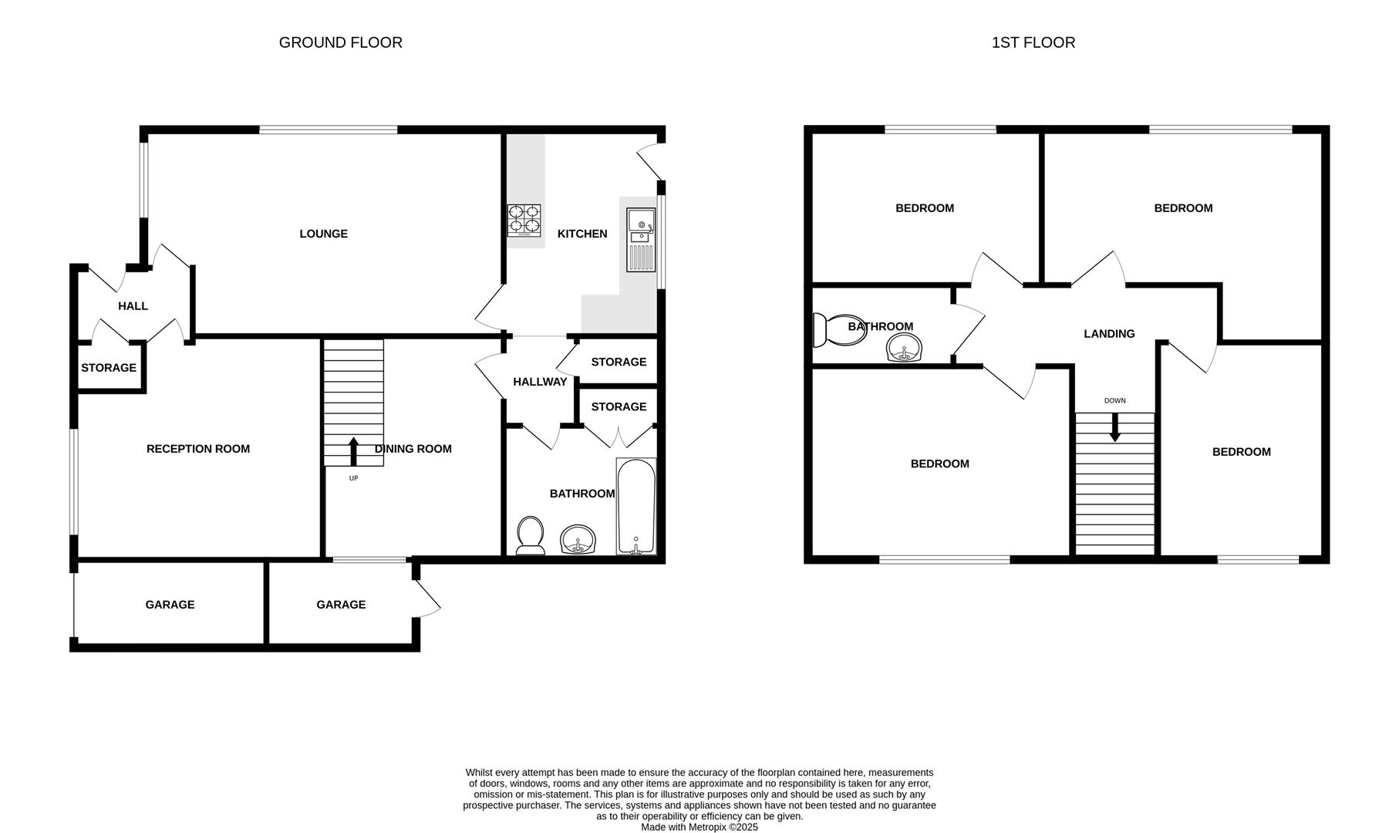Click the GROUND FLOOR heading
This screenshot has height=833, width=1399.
pyautogui.click(x=340, y=42)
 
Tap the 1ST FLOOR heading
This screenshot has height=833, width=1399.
pyautogui.click(x=1033, y=42)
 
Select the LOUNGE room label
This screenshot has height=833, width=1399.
pyautogui.click(x=323, y=234)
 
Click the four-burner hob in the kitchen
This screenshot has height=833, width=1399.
pyautogui.click(x=524, y=219)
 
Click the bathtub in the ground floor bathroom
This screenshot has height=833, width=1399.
pyautogui.click(x=636, y=506)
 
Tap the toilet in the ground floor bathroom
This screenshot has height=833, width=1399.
pyautogui.click(x=530, y=535)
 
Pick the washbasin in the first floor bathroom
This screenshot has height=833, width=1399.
pyautogui.click(x=904, y=348)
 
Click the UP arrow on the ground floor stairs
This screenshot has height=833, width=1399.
pyautogui.click(x=354, y=452)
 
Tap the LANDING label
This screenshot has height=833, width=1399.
pyautogui.click(x=1109, y=334)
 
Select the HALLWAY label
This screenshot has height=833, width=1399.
pyautogui.click(x=540, y=382)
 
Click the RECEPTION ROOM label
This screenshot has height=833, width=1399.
pyautogui.click(x=198, y=449)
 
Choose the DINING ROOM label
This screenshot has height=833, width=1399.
pyautogui.click(x=413, y=449)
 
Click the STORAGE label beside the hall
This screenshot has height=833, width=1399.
pyautogui.click(x=109, y=368)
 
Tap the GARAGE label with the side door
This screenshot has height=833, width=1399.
pyautogui.click(x=341, y=605)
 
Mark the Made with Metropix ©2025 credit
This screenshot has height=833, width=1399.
pyautogui.click(x=699, y=827)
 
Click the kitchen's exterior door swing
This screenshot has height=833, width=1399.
pyautogui.click(x=649, y=160)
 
